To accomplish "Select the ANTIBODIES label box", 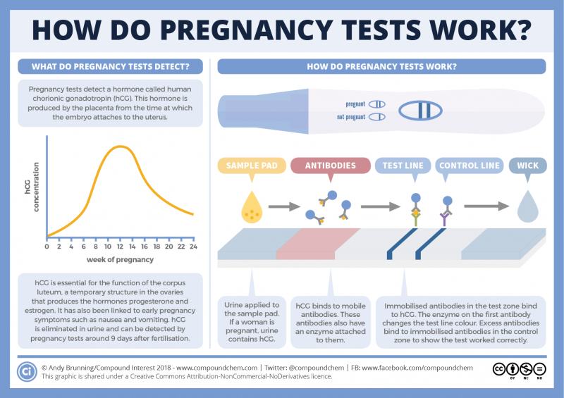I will [330, 166].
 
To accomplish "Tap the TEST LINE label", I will [403, 166].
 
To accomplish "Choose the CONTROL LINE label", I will [469, 166].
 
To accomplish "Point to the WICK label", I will [528, 166].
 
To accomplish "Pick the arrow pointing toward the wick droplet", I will [486, 206].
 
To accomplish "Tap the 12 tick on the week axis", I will [109, 247].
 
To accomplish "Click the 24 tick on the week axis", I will [192, 247].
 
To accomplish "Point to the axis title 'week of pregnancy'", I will [119, 260].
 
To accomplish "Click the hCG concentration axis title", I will [32, 189].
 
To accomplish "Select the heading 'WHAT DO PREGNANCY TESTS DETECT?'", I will [109, 67].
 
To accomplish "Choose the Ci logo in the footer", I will [27, 371].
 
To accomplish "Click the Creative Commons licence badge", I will [520, 371].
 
